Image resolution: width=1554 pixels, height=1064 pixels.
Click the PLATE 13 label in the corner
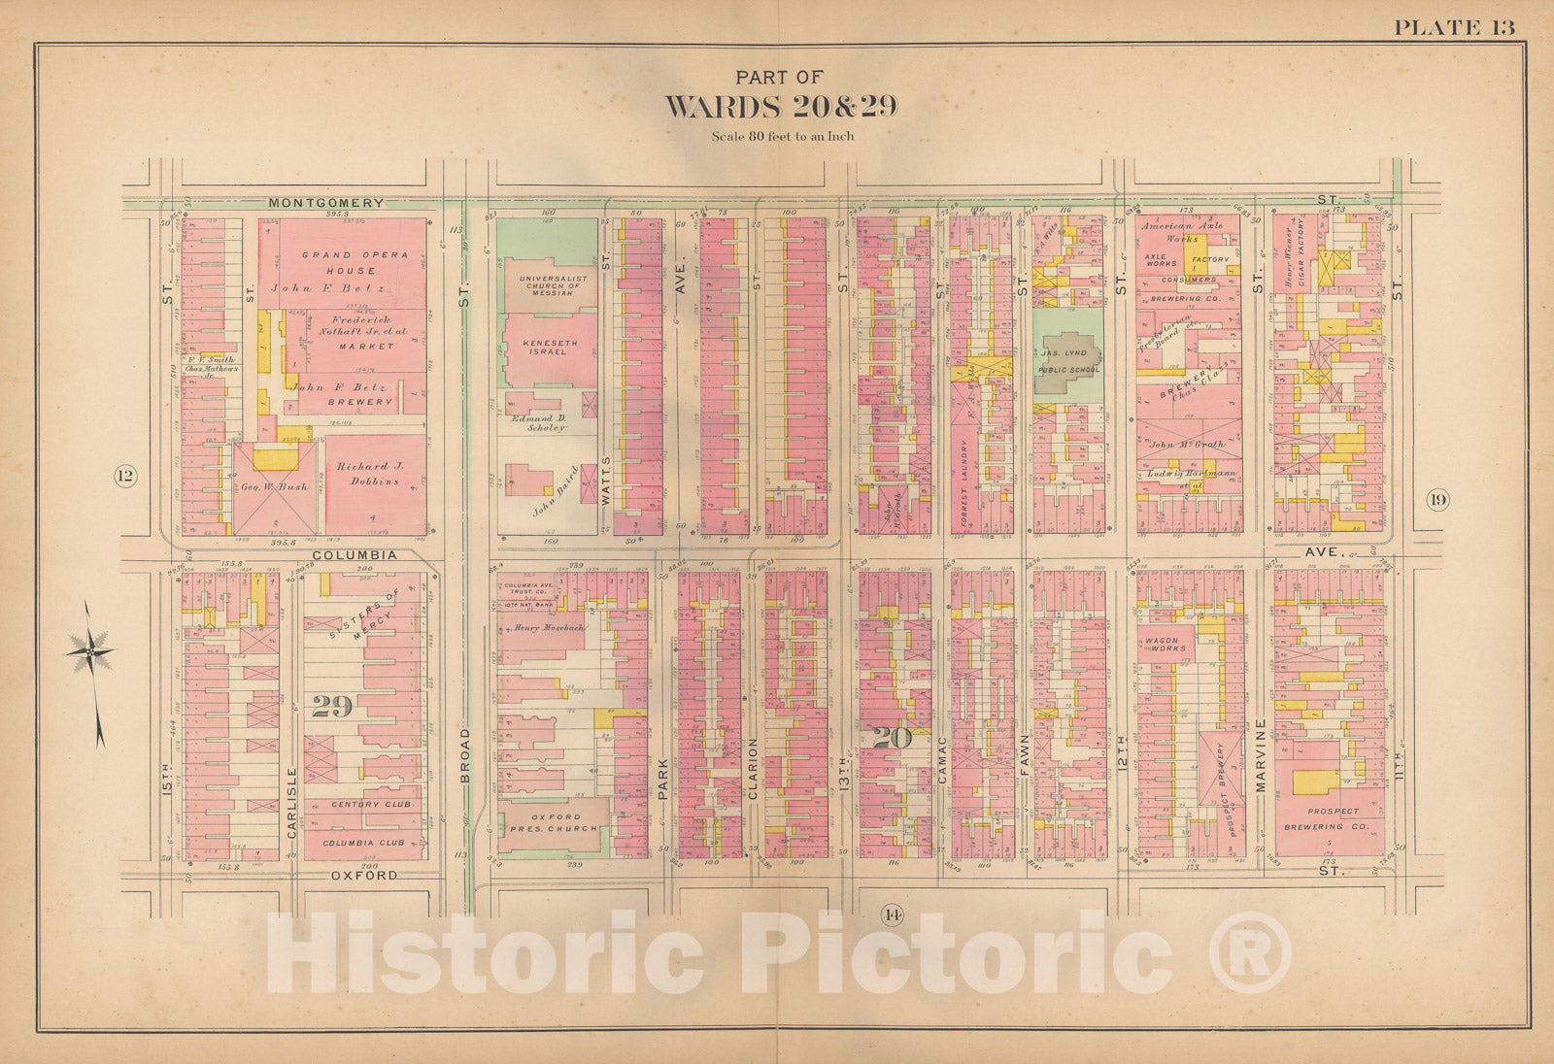1453,27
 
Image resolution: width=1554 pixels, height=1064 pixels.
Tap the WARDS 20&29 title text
780,106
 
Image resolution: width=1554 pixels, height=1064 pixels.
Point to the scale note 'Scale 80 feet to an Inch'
782,136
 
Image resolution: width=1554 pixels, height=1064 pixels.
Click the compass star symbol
90,651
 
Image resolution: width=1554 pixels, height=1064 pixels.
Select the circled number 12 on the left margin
125,476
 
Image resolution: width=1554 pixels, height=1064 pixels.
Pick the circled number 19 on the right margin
1437,501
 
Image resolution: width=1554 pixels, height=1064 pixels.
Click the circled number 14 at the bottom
892,914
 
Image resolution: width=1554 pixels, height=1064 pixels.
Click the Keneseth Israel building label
544,348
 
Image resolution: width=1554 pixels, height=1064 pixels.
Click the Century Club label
370,805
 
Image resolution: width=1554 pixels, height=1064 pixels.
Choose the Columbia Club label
363,843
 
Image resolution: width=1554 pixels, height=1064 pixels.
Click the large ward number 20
891,738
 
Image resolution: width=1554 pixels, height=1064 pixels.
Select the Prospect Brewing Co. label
1326,819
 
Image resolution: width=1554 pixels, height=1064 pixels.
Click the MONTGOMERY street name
325,203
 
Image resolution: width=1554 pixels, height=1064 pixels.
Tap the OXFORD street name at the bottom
364,875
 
